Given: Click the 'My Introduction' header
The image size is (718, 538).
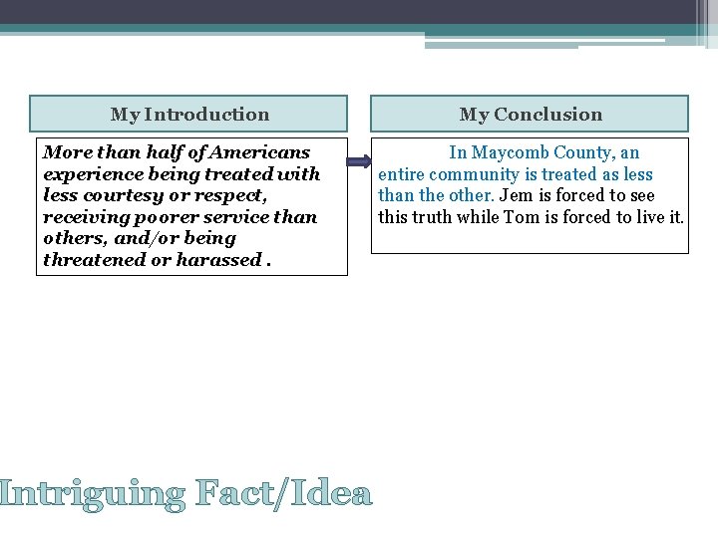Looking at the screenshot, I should click(189, 115).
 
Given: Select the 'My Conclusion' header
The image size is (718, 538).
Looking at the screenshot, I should click(531, 115).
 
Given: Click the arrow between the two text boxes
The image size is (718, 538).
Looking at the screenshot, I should click(359, 159).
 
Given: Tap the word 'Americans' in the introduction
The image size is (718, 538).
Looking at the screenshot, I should click(265, 152).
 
